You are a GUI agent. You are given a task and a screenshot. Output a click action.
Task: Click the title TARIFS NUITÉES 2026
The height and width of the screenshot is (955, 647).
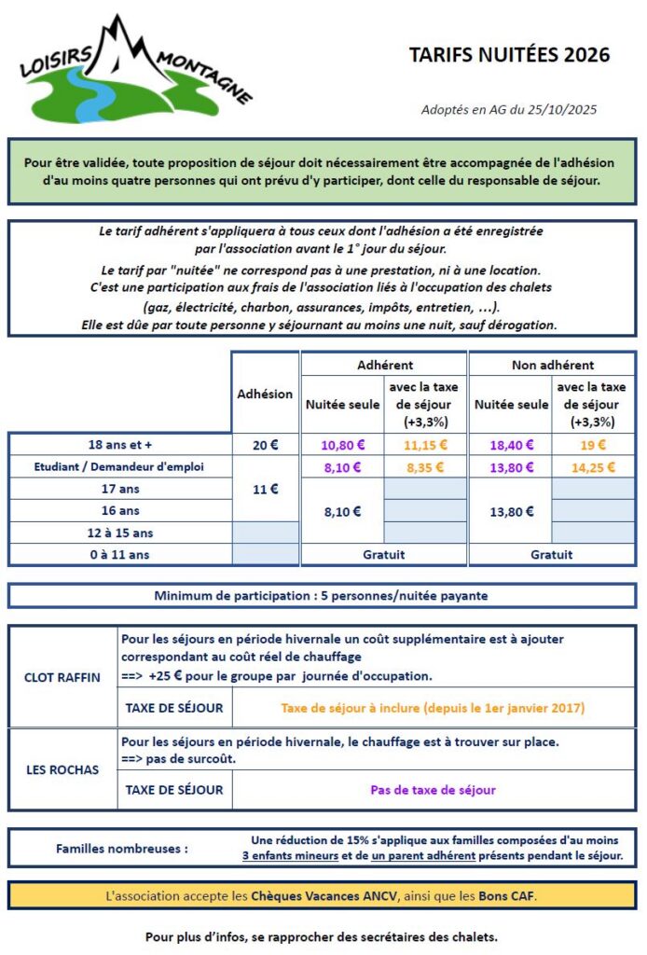[x=509, y=55]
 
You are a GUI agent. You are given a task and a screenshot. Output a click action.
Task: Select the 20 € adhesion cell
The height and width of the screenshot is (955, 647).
[x=266, y=445]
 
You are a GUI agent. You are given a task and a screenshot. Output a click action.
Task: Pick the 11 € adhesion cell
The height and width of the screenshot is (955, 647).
[x=266, y=488]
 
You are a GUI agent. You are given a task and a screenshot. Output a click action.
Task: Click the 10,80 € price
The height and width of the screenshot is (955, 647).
[x=342, y=445]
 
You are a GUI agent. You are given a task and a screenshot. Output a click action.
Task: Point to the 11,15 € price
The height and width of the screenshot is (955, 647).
[x=426, y=445]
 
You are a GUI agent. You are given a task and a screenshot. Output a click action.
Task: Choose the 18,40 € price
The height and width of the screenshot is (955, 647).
[x=510, y=445]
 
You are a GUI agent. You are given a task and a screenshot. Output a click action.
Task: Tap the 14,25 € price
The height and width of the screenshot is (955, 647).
[x=593, y=467]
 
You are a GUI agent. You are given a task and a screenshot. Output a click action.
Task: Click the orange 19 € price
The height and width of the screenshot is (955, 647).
[x=593, y=445]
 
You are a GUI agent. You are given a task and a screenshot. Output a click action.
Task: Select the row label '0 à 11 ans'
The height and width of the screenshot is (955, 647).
[x=120, y=555]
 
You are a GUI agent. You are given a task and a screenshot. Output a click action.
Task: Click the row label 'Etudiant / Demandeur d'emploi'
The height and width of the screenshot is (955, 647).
[x=120, y=467]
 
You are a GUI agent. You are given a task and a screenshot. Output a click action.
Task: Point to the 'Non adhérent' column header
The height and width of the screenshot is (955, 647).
[x=552, y=365]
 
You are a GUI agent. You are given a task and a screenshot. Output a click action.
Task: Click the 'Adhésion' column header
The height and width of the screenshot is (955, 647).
[x=266, y=394]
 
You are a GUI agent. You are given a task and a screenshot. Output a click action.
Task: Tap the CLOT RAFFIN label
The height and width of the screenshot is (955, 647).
[x=62, y=677]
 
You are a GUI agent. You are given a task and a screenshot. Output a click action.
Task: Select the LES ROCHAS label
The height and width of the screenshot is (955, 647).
[x=62, y=769]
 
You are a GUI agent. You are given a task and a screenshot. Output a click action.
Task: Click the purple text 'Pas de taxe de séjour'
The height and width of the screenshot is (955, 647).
[x=433, y=790]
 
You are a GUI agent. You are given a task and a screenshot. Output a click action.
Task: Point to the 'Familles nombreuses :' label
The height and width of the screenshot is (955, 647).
[x=122, y=849]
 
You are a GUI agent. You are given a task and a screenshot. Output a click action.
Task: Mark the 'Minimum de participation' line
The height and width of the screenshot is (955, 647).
[x=322, y=596]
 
